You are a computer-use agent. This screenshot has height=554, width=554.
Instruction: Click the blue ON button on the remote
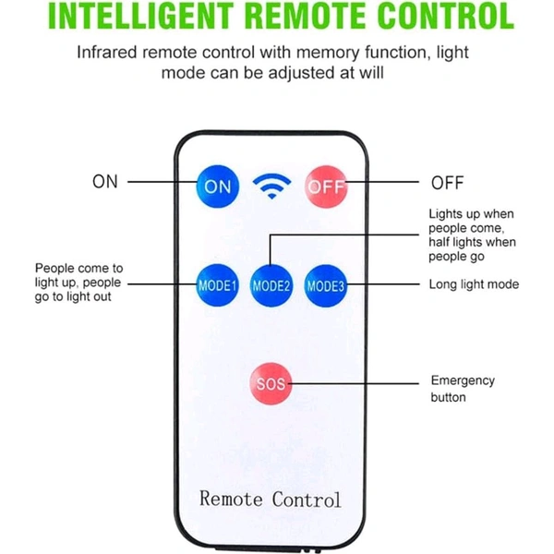click(x=218, y=186)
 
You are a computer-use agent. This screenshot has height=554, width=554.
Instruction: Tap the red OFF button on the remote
click(x=325, y=186)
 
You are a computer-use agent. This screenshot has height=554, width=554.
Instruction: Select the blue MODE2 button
click(x=271, y=285)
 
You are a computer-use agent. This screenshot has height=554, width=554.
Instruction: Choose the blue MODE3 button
click(x=325, y=285)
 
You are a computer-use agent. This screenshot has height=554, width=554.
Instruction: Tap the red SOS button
click(x=271, y=382)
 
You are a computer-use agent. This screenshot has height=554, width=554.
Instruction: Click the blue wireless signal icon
click(x=271, y=187)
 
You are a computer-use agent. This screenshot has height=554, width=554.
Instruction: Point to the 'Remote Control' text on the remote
click(x=271, y=500)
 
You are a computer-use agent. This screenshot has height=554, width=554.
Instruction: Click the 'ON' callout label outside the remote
click(x=105, y=182)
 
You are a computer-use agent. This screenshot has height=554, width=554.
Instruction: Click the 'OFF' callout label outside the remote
click(x=448, y=182)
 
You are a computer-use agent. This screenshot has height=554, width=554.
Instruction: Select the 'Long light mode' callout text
click(x=474, y=284)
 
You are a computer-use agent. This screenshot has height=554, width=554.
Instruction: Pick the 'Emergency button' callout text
click(x=463, y=389)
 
